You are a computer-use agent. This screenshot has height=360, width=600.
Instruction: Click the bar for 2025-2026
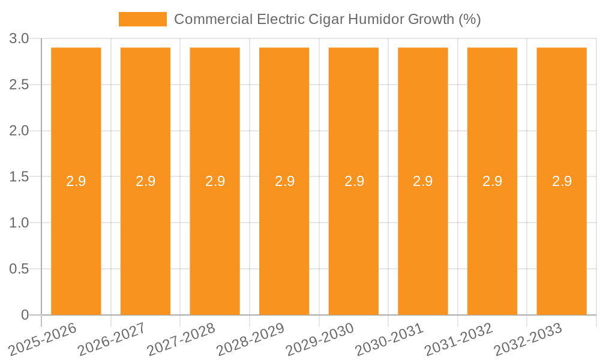(x=76, y=240)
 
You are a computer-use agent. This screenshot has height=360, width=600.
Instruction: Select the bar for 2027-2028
(x=215, y=240)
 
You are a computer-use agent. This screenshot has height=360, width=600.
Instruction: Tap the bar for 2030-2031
(x=423, y=240)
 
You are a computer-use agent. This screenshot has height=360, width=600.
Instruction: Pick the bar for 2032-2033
(x=562, y=240)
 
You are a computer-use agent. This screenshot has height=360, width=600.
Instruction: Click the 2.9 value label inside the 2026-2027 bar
(x=145, y=181)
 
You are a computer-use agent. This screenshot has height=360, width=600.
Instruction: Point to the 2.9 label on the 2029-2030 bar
(x=354, y=181)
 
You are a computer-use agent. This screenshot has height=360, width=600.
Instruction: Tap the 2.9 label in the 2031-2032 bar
(x=492, y=181)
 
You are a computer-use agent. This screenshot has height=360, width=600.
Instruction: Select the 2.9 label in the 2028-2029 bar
(x=284, y=181)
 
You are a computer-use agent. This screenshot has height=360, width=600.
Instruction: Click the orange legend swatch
(x=143, y=19)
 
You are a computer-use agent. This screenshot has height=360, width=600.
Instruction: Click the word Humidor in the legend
(x=374, y=19)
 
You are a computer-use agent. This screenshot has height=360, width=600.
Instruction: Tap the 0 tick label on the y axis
(x=25, y=315)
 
